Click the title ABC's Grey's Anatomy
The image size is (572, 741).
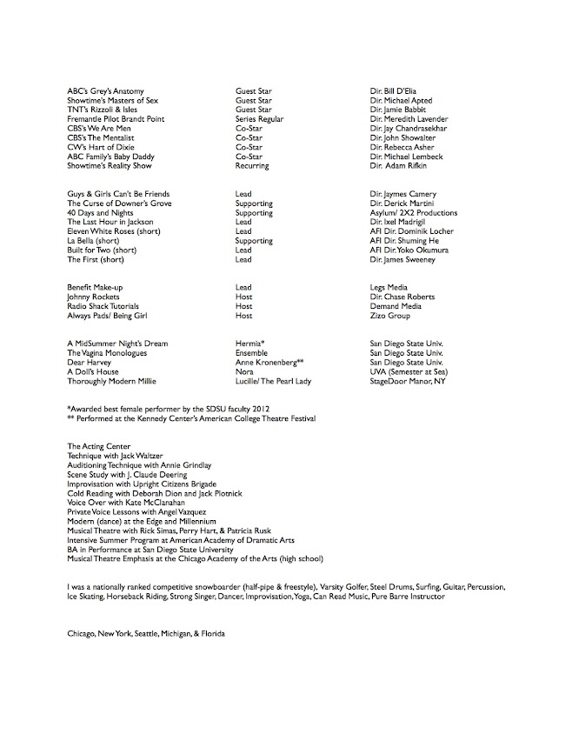pyautogui.click(x=105, y=90)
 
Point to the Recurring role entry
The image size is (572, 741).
pyautogui.click(x=252, y=165)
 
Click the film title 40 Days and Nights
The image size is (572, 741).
pyautogui.click(x=100, y=212)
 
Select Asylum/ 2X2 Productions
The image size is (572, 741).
pyautogui.click(x=414, y=212)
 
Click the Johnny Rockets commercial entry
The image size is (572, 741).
pyautogui.click(x=93, y=297)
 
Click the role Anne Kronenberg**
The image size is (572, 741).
pyautogui.click(x=269, y=362)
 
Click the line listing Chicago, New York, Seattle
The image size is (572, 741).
pyautogui.click(x=146, y=634)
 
